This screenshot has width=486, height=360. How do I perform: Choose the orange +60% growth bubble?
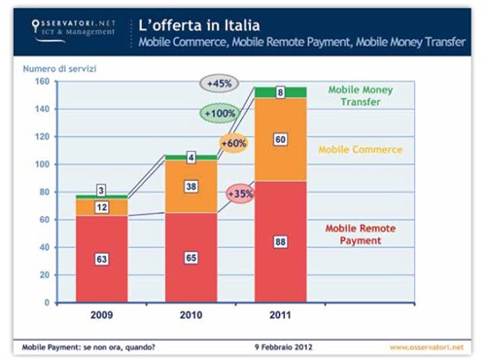(x=233, y=144)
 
